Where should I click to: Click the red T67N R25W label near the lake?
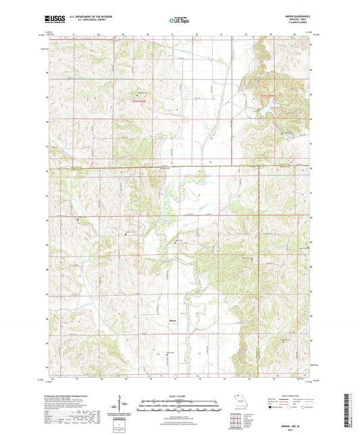(268, 96)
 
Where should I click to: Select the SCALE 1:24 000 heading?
(179, 395)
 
